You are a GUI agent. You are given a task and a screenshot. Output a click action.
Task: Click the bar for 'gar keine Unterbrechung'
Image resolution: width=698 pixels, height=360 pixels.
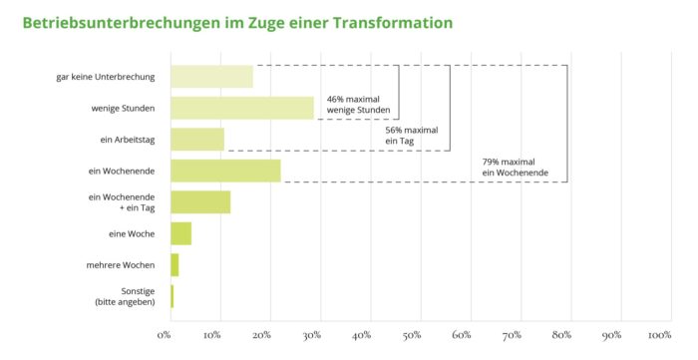pos(211,77)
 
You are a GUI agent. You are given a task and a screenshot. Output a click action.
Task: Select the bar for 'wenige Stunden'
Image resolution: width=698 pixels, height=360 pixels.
pos(242,108)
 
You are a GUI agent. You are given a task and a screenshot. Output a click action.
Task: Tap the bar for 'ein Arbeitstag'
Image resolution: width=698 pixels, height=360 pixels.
pos(197,139)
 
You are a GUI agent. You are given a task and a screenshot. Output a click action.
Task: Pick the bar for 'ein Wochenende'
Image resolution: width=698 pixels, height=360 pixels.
pos(225,171)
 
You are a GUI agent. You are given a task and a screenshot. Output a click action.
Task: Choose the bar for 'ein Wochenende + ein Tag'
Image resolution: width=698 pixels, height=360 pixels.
pos(200,202)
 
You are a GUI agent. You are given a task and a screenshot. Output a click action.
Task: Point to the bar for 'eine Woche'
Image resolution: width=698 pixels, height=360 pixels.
pos(180,233)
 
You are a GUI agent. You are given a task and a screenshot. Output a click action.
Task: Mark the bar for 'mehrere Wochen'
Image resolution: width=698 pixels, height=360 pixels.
pos(174,265)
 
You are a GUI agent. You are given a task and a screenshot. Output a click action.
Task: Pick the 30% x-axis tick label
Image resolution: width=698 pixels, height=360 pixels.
pos(314,335)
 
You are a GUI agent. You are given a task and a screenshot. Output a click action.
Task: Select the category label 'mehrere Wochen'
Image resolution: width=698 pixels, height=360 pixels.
pos(118,265)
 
